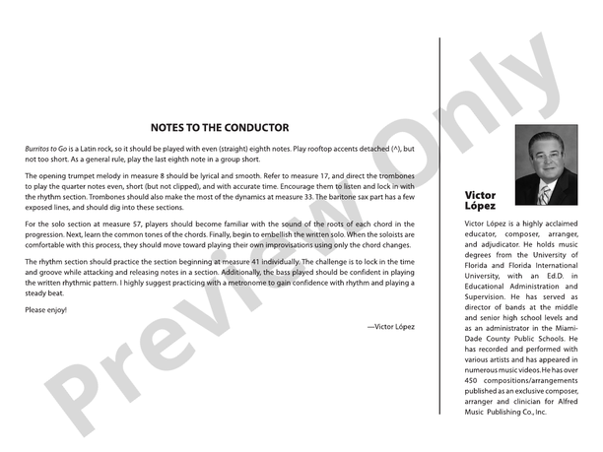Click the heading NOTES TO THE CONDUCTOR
pyautogui.click(x=219, y=127)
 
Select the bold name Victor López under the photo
pyautogui.click(x=480, y=201)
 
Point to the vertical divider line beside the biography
pyautogui.click(x=438, y=226)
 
